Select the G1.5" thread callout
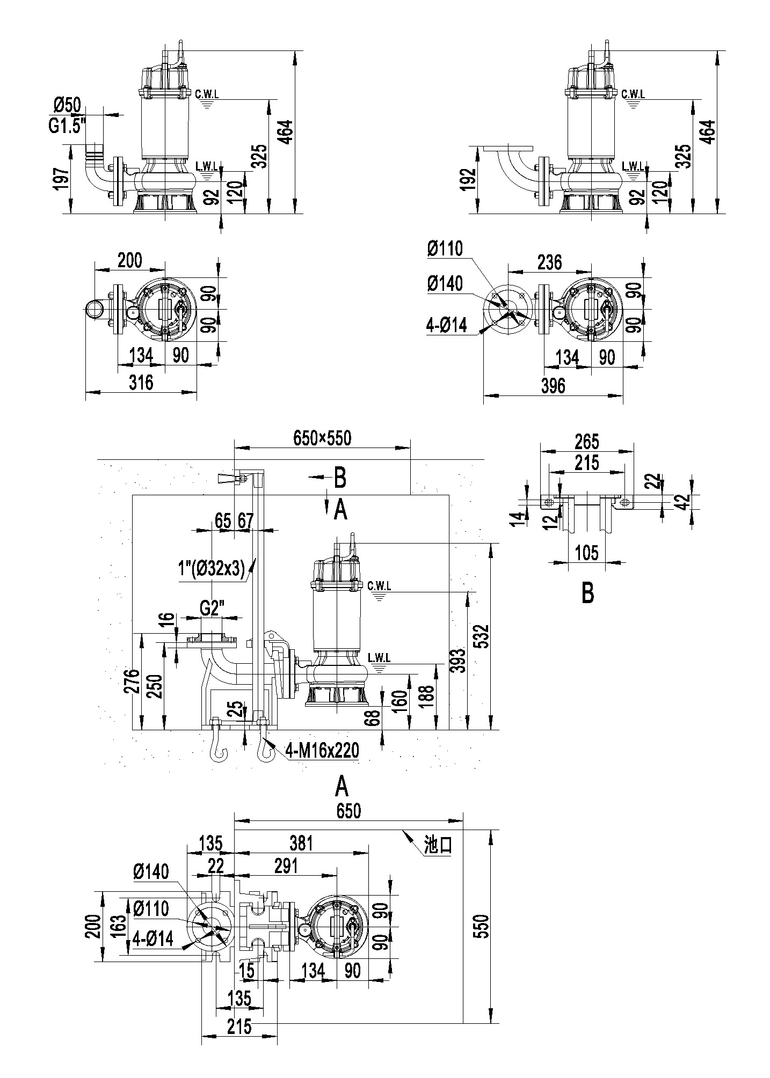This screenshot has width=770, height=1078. [x=67, y=127]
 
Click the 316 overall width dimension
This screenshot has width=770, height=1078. [x=141, y=382]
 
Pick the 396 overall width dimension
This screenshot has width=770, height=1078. [x=553, y=385]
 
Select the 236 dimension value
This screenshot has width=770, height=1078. [x=550, y=262]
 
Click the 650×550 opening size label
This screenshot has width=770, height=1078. [x=322, y=438]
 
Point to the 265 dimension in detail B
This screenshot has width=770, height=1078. [x=586, y=442]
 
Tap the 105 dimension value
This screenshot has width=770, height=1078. [x=586, y=553]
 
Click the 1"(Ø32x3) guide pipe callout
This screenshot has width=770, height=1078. [x=212, y=568]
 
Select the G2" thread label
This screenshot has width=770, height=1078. [x=212, y=609]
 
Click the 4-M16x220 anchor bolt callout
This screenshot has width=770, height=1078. [x=322, y=751]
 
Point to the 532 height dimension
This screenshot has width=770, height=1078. [x=483, y=636]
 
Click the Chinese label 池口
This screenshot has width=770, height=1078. [x=438, y=845]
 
